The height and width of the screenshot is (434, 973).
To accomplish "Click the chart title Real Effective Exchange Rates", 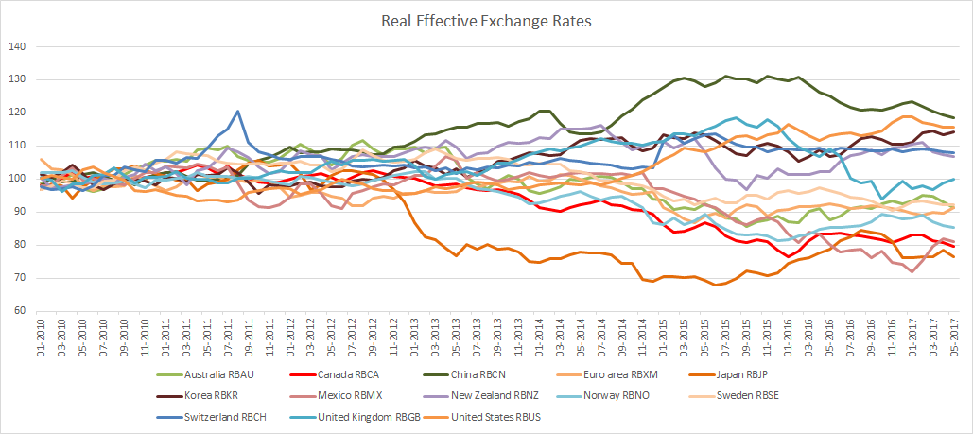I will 486,19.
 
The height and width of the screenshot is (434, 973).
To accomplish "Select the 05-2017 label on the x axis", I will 954,333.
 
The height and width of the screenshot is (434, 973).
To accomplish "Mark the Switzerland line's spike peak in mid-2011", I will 237,112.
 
